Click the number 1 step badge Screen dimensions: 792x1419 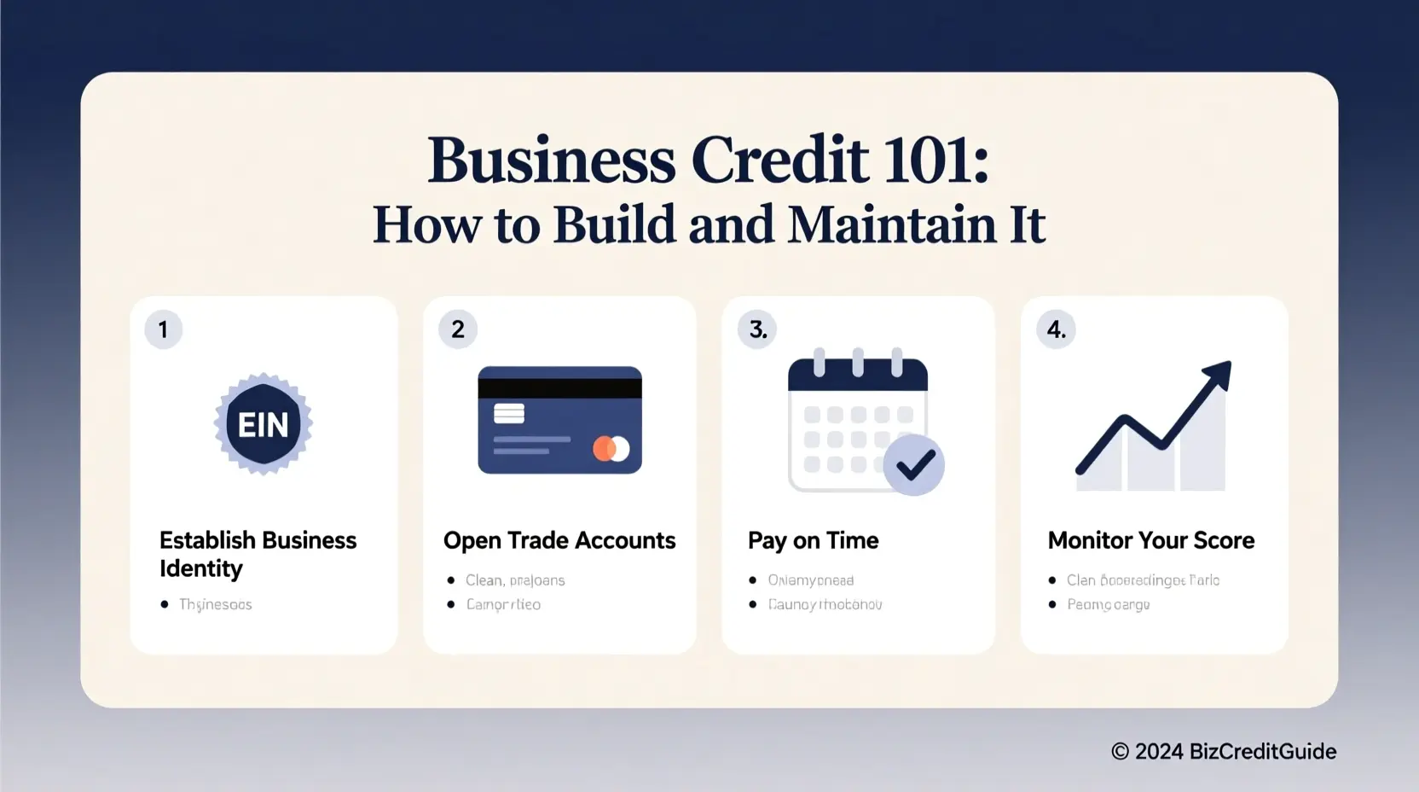164,329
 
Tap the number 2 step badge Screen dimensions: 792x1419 458,329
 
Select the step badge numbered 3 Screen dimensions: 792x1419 757,329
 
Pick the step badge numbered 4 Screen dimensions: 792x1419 1056,329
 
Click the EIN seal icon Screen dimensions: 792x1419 264,424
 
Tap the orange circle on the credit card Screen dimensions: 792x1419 603,448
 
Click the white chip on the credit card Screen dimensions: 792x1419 509,413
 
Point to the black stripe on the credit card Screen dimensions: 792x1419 559,387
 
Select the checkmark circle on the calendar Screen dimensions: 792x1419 913,465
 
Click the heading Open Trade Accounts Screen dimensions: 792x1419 559,540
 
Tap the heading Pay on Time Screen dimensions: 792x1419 813,540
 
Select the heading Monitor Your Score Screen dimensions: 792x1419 1150,540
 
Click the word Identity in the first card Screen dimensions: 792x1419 201,568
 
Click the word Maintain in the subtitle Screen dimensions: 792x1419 891,224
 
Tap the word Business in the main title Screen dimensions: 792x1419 552,160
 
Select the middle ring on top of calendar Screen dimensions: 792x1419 858,362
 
